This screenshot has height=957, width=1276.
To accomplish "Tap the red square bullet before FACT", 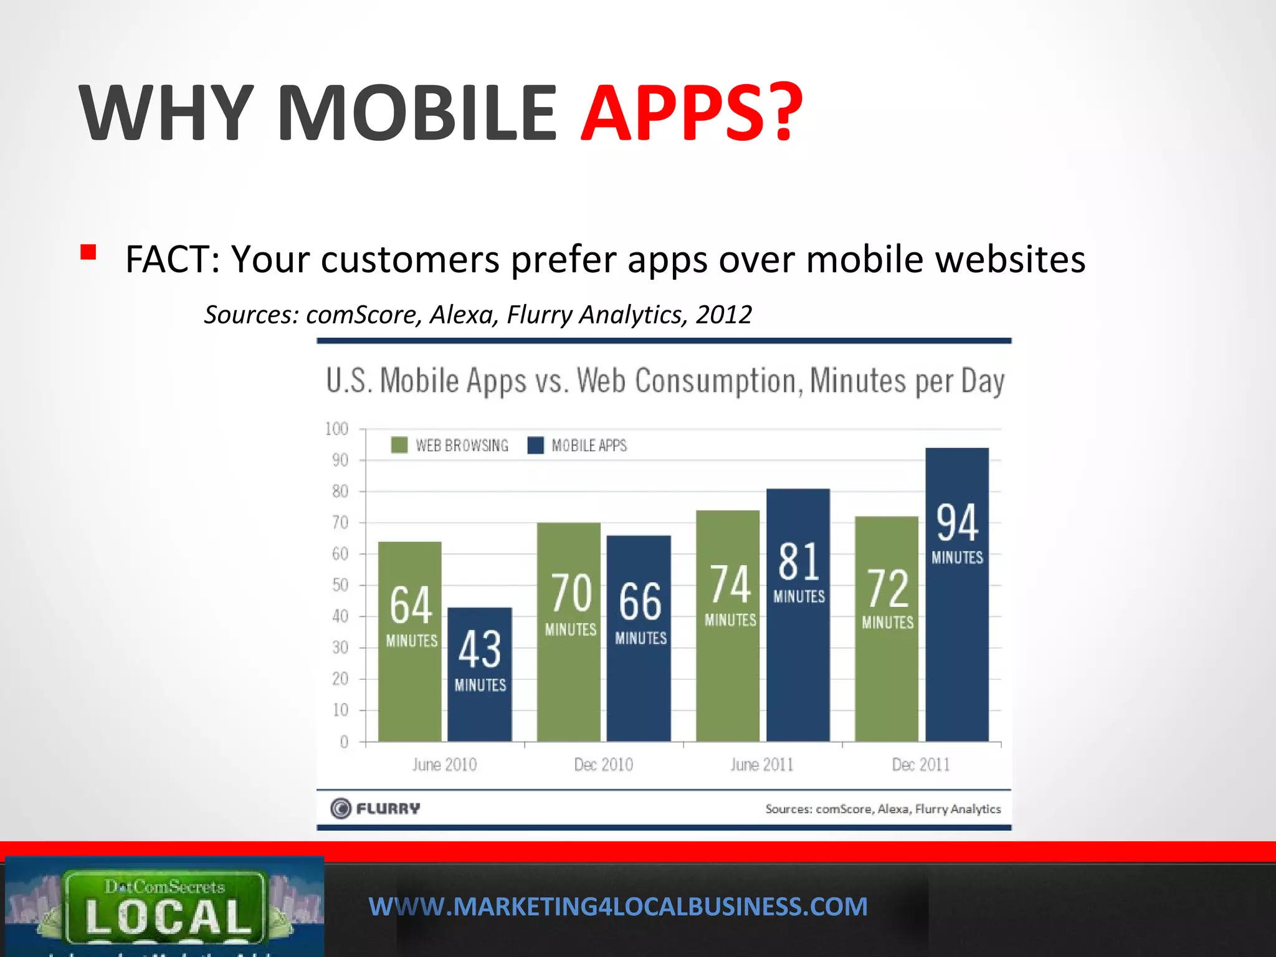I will tap(88, 252).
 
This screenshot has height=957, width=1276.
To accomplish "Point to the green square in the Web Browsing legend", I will tap(399, 445).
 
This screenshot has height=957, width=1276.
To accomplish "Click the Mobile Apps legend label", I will tap(589, 445).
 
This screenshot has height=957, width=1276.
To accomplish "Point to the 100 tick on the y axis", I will tap(336, 429).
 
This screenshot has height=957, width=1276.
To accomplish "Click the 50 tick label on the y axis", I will tap(340, 585).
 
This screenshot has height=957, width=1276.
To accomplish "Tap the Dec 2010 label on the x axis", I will tap(603, 764).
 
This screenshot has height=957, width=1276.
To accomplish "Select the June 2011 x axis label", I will tap(761, 764).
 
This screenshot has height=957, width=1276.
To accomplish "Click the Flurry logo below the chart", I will tap(375, 809).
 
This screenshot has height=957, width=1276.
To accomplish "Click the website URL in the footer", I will tap(617, 907).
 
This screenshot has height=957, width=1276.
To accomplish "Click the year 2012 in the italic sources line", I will tap(723, 315).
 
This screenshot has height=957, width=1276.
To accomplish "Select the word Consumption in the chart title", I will tap(718, 381).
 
